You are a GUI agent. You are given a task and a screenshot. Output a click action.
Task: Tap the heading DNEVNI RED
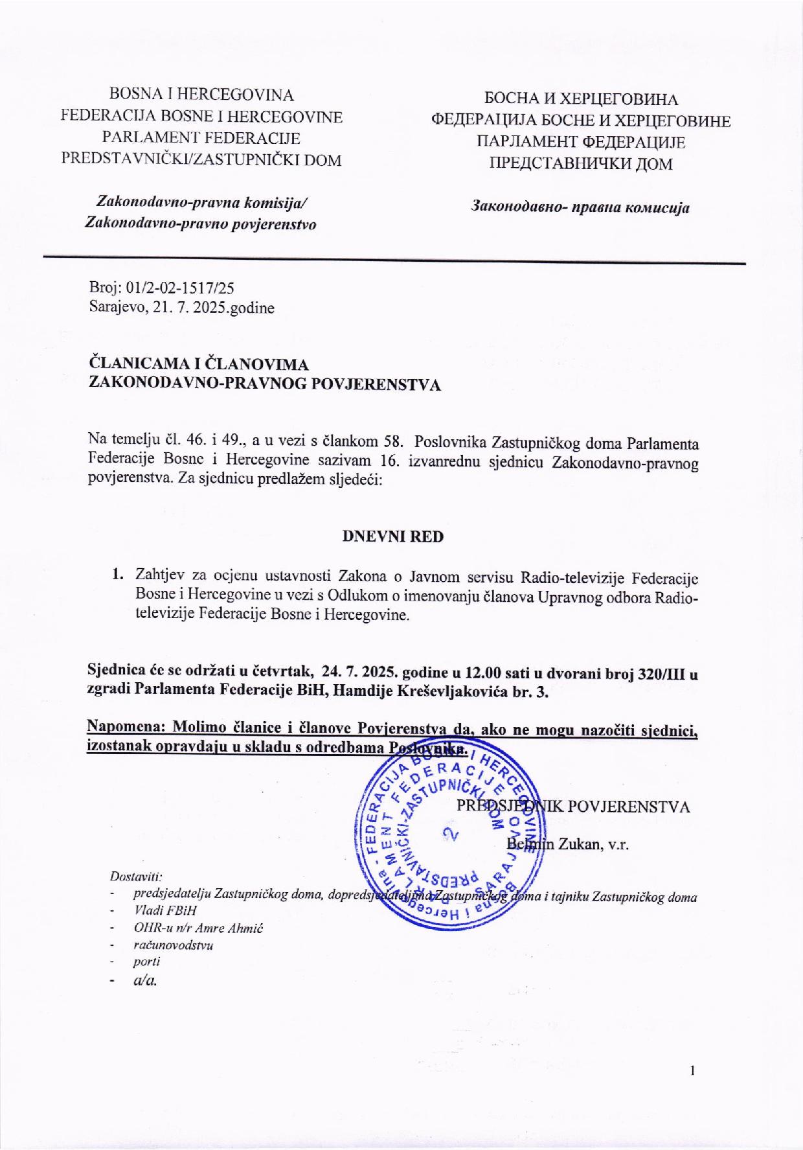[x=392, y=536]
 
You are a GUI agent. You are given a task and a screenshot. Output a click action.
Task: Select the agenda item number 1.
[x=117, y=575]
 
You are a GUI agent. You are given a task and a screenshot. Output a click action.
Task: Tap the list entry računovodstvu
[x=173, y=945]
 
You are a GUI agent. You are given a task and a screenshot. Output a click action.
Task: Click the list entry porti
[x=146, y=961]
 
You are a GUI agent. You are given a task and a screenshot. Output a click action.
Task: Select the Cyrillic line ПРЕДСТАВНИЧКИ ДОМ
[x=580, y=163]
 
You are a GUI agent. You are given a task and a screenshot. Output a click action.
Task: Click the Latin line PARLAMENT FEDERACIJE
[x=201, y=138]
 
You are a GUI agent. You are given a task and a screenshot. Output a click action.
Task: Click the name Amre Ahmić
[x=231, y=928]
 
